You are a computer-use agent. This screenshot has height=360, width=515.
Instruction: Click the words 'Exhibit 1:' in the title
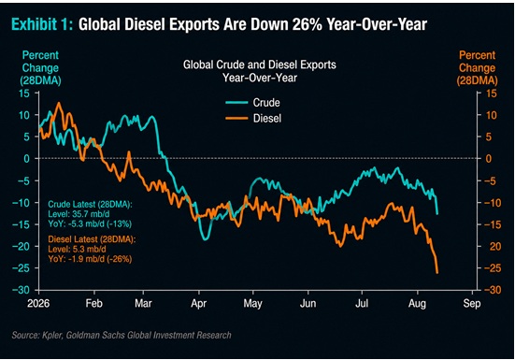point(42,24)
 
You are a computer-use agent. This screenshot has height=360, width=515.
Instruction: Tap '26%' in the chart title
point(307,24)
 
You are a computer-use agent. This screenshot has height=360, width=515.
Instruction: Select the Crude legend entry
point(253,103)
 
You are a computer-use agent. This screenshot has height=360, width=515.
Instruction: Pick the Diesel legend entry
point(253,118)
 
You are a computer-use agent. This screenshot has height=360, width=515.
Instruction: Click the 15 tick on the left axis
point(24,94)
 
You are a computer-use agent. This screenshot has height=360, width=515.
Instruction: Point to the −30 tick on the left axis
point(21,290)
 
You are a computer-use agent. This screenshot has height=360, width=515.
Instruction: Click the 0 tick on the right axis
point(488,159)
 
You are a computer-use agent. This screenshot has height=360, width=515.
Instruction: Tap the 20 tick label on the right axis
point(495,246)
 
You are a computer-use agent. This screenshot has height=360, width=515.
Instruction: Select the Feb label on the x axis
point(94,303)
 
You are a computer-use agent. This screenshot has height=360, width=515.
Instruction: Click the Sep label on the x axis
point(472,303)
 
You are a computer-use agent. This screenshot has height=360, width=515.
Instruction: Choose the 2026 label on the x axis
point(38,303)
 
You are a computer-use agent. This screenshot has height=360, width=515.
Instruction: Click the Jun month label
point(308,303)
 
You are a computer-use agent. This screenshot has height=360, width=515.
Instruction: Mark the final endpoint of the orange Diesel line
point(437,273)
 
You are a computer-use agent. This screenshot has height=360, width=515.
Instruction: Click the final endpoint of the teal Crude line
point(437,214)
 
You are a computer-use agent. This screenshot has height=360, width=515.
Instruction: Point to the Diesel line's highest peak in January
point(59,103)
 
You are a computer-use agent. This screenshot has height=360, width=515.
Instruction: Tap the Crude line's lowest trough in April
point(206,239)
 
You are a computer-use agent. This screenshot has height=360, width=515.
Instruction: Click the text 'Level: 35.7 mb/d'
point(79,214)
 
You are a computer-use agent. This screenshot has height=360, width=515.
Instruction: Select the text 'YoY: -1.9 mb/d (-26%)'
point(90,259)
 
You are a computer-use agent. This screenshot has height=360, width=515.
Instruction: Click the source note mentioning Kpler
point(122,335)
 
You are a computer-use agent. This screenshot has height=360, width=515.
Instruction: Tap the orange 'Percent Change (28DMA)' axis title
point(477,68)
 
